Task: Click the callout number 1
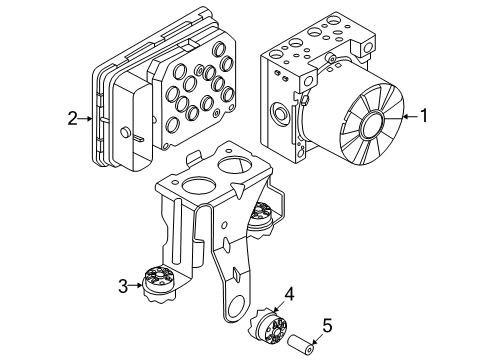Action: (x=424, y=116)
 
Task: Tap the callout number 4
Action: (x=289, y=294)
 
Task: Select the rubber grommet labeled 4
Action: (x=273, y=324)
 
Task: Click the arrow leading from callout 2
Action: (x=89, y=119)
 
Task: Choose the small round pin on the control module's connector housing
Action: (x=124, y=134)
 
